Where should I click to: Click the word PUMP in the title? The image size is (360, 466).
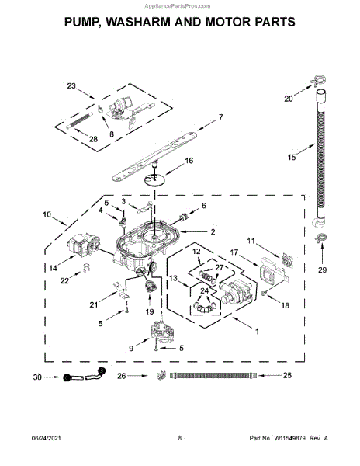click(x=81, y=22)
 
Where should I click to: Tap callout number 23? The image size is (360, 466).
click(x=71, y=86)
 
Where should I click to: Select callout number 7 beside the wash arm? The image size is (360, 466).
click(x=220, y=117)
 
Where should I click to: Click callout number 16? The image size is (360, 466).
click(x=189, y=161)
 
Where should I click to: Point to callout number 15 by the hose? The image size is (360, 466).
click(x=292, y=157)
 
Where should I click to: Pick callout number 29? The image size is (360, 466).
click(x=322, y=270)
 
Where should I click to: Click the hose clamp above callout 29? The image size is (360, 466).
click(x=320, y=238)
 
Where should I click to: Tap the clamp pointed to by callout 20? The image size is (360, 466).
click(x=318, y=80)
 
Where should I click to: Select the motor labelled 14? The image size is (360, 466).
click(x=82, y=245)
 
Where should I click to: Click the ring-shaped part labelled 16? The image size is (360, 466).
click(x=154, y=180)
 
